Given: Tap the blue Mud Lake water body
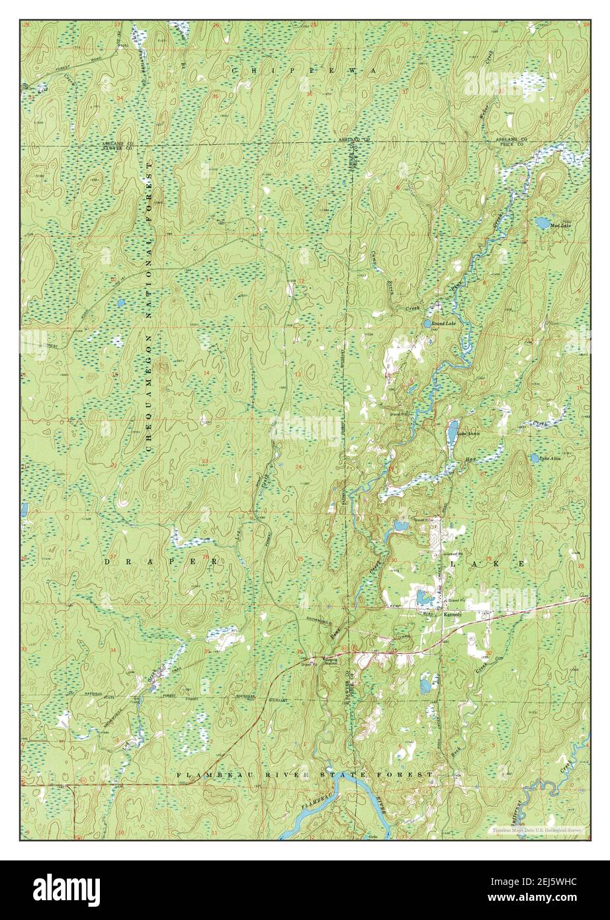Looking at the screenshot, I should [543, 223].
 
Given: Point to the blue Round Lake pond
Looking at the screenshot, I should [428, 324].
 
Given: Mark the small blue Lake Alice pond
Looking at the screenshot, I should [534, 457].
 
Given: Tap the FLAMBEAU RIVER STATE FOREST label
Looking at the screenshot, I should [305, 774].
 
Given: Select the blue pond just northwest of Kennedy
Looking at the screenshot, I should [423, 598].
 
